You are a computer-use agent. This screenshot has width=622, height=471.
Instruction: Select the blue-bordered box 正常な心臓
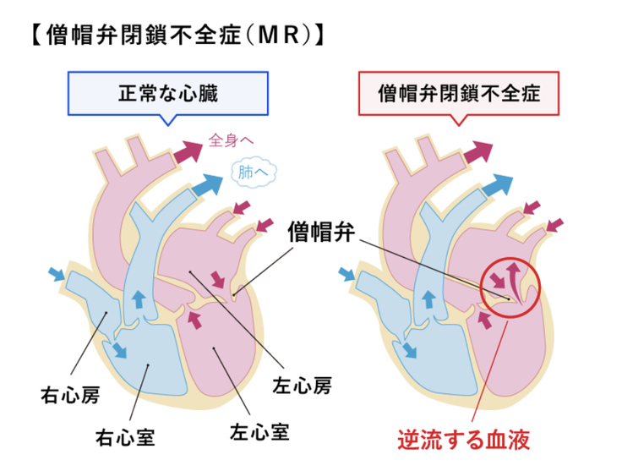coord(167,93)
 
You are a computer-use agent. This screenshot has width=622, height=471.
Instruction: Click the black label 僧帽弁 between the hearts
coord(320,228)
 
